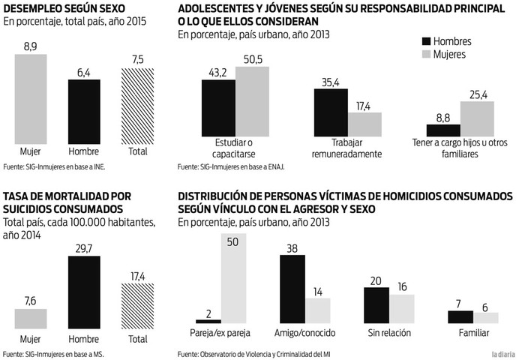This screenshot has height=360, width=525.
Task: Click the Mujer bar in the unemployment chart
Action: (x=31, y=100)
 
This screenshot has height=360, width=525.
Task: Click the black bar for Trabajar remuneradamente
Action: (x=330, y=112)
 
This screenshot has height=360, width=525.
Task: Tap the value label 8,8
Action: (x=442, y=117)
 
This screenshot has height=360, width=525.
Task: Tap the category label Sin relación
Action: (x=390, y=332)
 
